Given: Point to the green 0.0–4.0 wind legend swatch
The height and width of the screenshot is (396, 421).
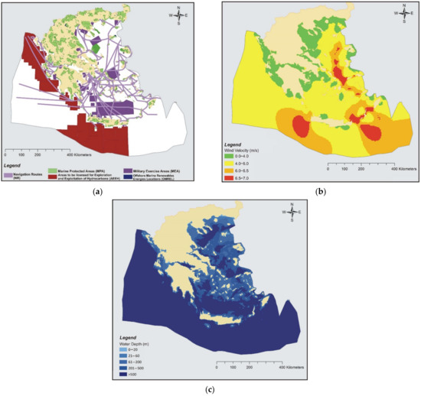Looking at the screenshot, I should pos(227,154).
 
